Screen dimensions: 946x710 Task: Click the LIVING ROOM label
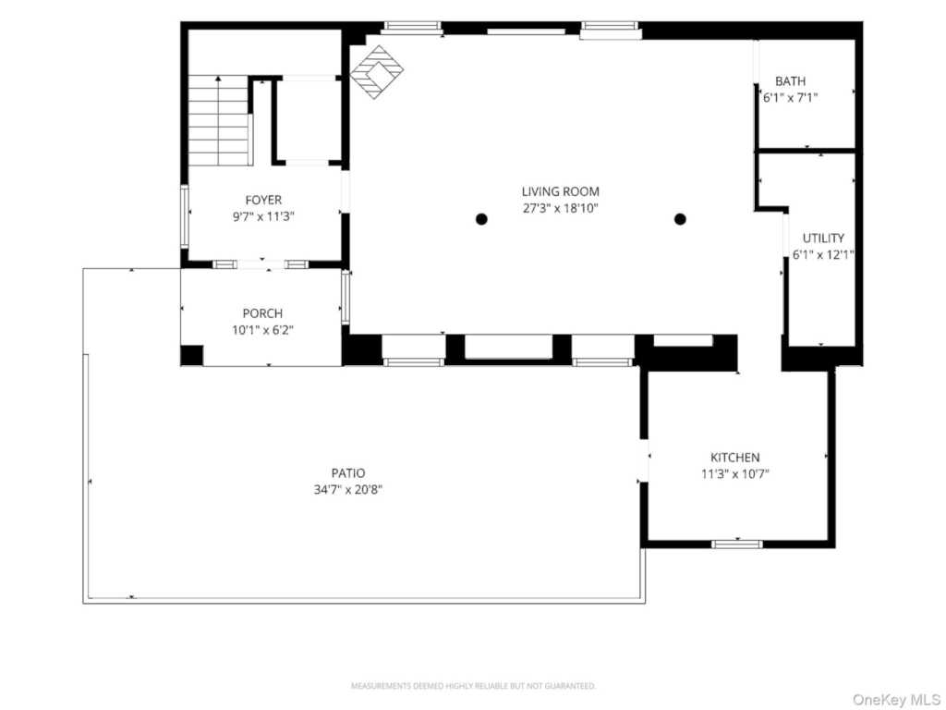(x=561, y=191)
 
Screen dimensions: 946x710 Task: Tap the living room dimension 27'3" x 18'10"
(x=561, y=208)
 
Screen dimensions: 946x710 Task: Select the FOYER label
(x=263, y=200)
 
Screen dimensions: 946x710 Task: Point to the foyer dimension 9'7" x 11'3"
(x=263, y=216)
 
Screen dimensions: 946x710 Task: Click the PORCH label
(x=262, y=313)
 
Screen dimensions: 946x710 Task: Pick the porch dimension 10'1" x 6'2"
(x=262, y=330)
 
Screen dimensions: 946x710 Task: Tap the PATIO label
(x=348, y=472)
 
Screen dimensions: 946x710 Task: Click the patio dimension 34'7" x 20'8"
(x=348, y=490)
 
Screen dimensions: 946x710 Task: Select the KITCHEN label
(x=734, y=457)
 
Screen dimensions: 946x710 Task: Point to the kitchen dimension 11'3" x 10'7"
(x=734, y=474)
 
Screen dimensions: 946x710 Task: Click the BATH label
(x=791, y=81)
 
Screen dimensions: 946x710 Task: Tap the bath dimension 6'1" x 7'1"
(x=791, y=98)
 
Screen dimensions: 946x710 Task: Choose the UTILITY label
(x=823, y=238)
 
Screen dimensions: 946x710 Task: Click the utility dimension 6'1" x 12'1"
(x=823, y=255)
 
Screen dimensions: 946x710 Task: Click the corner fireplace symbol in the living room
(x=377, y=72)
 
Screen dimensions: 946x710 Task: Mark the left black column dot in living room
(x=481, y=219)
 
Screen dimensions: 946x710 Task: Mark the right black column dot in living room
(x=680, y=219)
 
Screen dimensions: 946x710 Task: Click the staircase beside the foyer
(x=218, y=120)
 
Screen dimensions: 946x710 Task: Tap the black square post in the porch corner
(x=192, y=355)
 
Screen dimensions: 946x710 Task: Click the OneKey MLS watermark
(x=896, y=700)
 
